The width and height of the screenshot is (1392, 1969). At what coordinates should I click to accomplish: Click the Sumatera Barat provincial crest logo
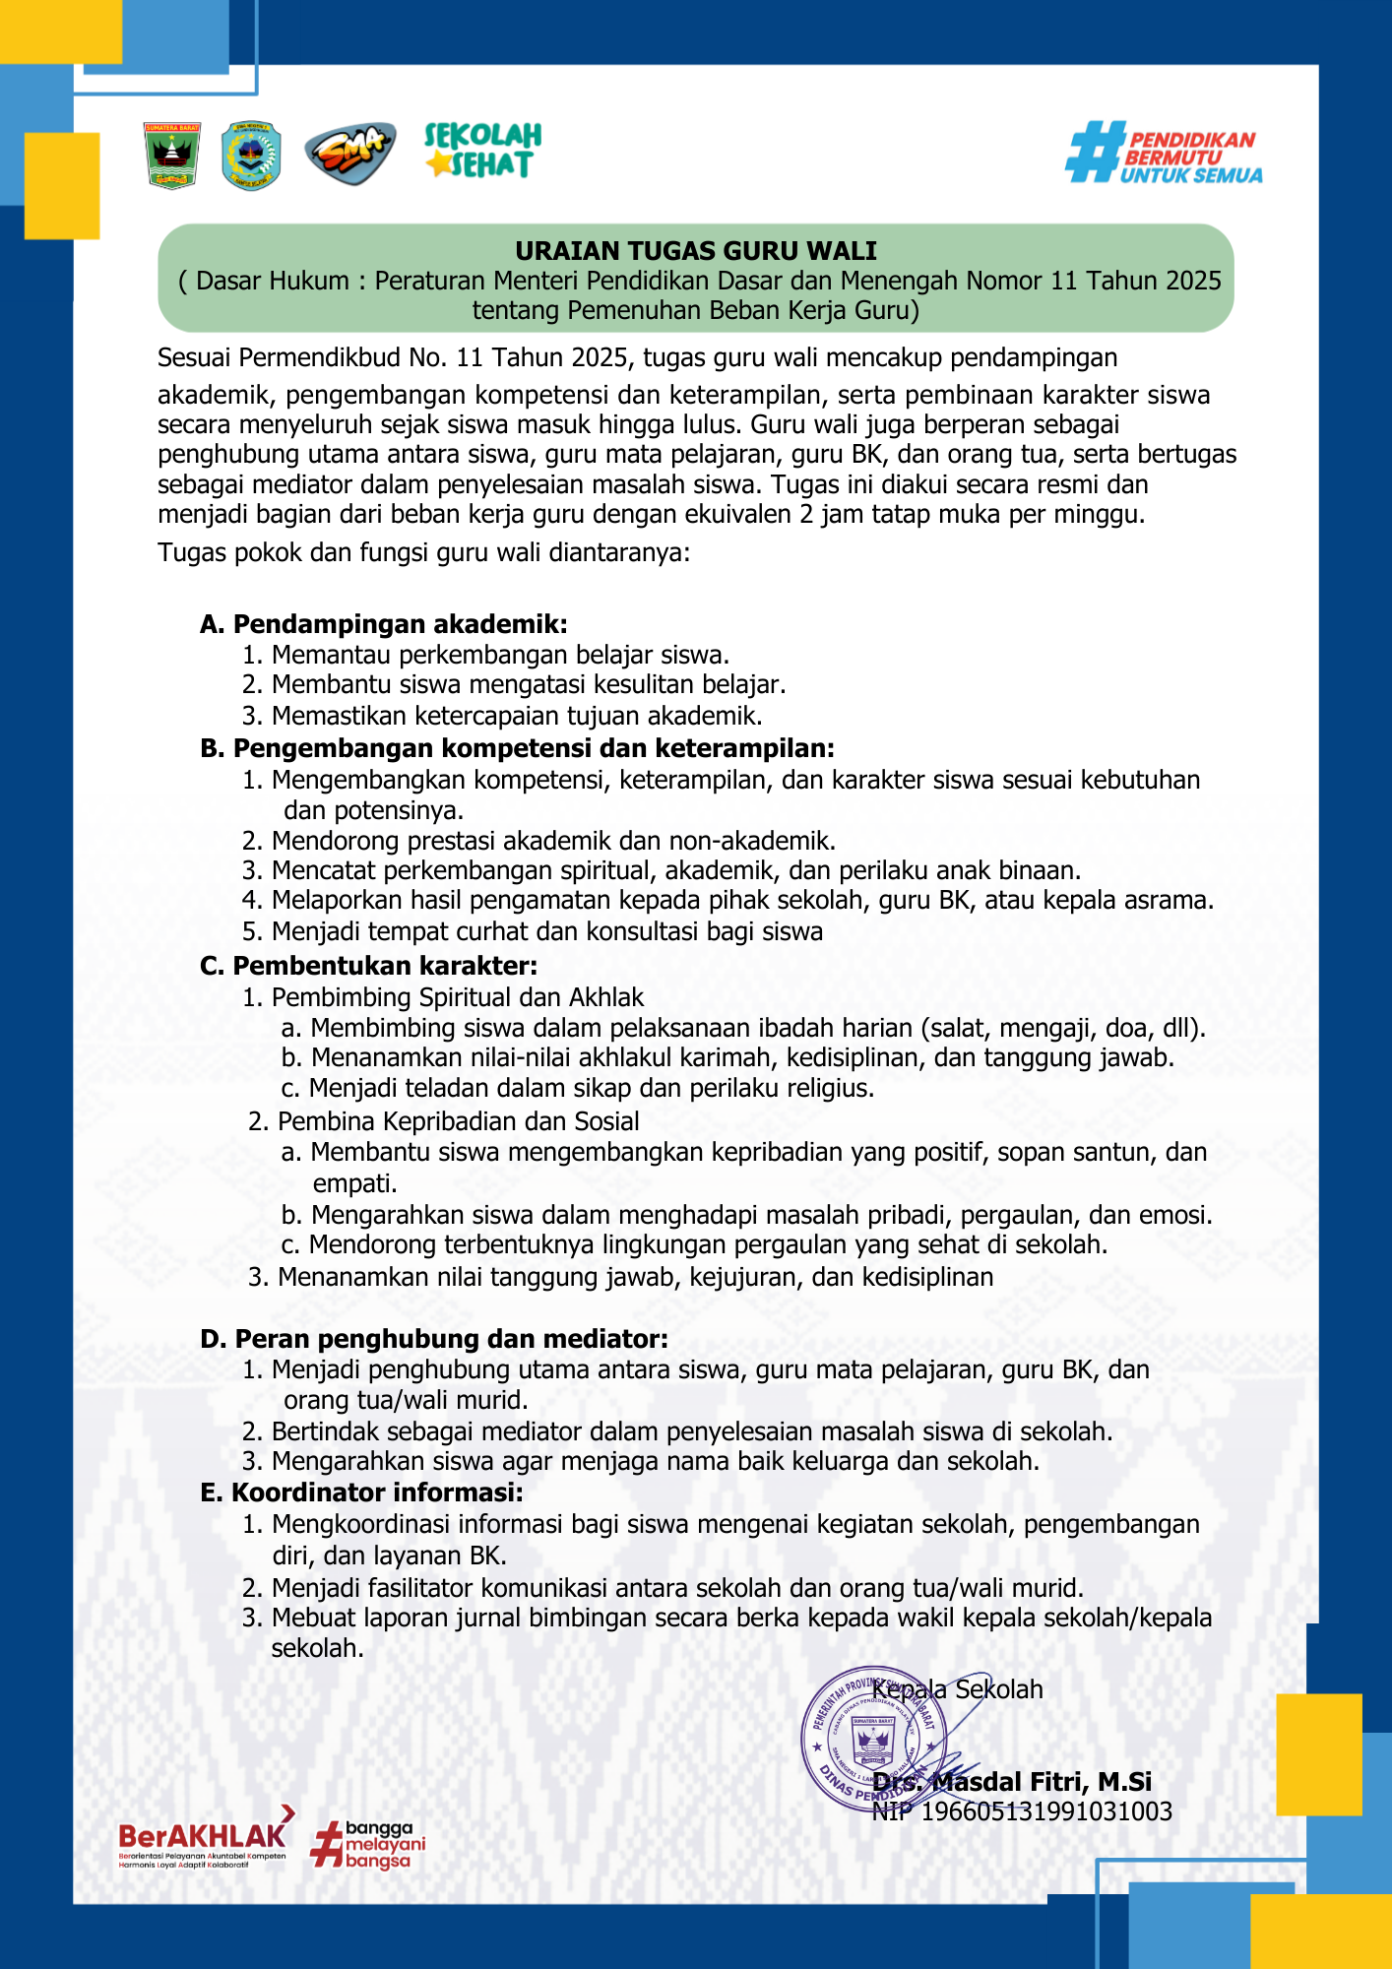[x=172, y=156]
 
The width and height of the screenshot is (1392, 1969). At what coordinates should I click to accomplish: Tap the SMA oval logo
[x=349, y=155]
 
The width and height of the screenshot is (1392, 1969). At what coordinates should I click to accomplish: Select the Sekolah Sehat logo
[x=482, y=151]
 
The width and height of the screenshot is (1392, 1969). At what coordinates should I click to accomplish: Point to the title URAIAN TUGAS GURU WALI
[x=695, y=251]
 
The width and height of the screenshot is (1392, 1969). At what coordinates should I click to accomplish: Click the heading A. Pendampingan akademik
[x=383, y=624]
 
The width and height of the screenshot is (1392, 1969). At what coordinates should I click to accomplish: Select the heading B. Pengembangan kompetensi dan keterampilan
[x=517, y=748]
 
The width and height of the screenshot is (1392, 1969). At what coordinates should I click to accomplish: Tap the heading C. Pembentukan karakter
[x=368, y=966]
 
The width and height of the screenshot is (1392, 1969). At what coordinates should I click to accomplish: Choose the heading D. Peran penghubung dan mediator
[x=434, y=1339]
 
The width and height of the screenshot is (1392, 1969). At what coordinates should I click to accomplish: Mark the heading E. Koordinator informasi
[x=361, y=1493]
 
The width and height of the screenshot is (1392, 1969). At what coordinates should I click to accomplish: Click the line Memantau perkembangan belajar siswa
[x=500, y=655]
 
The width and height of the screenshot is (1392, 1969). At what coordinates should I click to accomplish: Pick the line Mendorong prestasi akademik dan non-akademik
[x=553, y=841]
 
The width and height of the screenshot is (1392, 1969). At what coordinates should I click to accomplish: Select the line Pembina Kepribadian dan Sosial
[x=458, y=1121]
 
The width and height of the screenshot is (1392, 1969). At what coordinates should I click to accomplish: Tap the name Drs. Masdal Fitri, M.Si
[x=1012, y=1782]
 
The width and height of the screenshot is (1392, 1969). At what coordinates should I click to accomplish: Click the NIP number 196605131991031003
[x=1045, y=1811]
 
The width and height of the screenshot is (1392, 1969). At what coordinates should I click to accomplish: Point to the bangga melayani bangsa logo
[x=369, y=1845]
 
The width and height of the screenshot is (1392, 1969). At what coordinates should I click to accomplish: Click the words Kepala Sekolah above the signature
[x=957, y=1689]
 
